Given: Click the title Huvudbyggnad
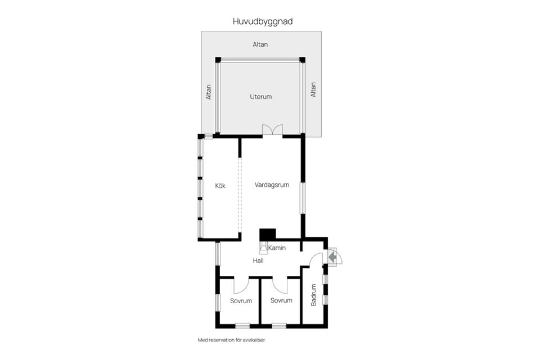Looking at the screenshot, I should [263, 21].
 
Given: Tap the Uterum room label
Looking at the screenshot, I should [260, 97].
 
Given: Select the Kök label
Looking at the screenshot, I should [220, 186].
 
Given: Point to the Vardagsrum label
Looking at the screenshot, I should [272, 184].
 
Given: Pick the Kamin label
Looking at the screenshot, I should [277, 248].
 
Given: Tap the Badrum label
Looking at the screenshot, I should [314, 295].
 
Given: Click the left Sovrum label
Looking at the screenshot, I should [241, 301].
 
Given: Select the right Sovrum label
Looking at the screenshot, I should [281, 300].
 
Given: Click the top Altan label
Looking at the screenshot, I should [260, 44].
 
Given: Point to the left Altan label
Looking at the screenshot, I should [209, 92].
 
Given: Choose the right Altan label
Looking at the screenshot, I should [313, 90].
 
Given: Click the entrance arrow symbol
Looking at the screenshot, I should [332, 258].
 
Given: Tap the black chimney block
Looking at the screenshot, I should [267, 234].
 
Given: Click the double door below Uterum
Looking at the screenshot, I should [272, 130].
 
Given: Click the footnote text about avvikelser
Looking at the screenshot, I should [231, 340].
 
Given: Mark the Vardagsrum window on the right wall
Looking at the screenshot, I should [303, 197].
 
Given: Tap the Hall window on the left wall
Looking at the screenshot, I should [218, 253].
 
